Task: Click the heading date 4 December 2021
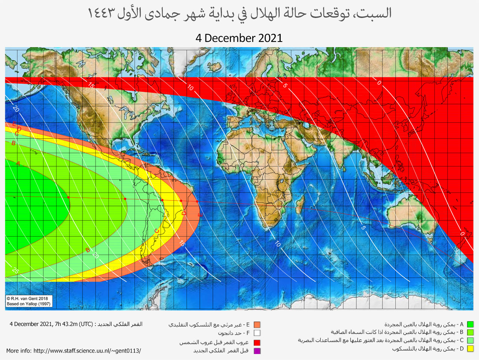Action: point(239,38)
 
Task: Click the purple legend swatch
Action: point(257,351)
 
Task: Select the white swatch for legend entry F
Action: point(257,333)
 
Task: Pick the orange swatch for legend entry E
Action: point(257,324)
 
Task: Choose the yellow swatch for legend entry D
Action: point(470,349)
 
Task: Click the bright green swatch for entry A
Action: point(470,324)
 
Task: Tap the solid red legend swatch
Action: point(257,342)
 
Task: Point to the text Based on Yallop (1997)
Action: point(28,304)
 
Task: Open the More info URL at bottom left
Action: point(74,351)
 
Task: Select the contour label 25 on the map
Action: point(15,270)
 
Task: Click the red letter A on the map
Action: point(18,163)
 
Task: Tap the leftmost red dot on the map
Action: point(68,197)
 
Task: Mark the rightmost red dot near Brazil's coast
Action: point(197,201)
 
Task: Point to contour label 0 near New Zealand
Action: point(462,234)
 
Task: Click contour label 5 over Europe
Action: point(285,86)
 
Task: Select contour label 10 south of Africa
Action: point(278,244)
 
